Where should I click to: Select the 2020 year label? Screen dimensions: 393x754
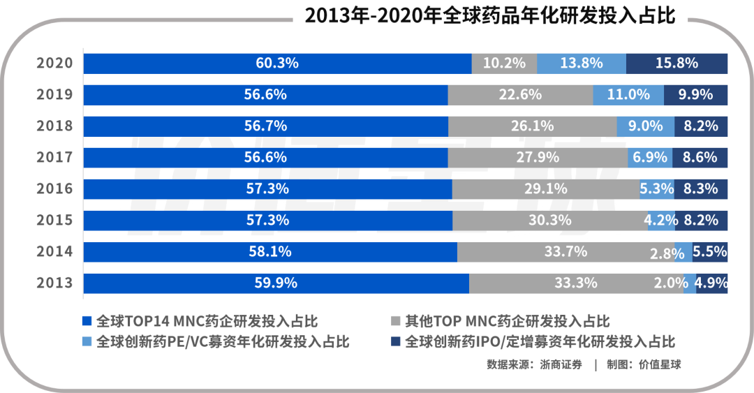(x=54, y=63)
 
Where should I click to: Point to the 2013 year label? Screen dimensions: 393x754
(x=54, y=283)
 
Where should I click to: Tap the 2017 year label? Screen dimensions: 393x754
(x=54, y=157)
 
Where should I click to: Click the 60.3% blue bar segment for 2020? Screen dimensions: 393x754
(x=277, y=63)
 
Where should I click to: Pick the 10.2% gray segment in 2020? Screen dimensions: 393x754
(x=504, y=63)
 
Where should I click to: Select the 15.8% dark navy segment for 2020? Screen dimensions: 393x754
(x=677, y=63)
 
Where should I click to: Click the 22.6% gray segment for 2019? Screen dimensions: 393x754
(x=520, y=94)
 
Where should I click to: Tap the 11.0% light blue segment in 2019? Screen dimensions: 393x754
(x=628, y=94)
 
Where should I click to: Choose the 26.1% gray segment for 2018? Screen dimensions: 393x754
(x=532, y=126)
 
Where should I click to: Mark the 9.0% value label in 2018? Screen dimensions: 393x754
(x=646, y=126)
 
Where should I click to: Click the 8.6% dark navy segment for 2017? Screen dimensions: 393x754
(x=700, y=157)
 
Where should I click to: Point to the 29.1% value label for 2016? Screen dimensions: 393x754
(x=545, y=188)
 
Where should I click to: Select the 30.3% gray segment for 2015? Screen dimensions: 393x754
(x=549, y=220)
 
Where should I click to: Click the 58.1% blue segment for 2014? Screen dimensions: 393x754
(x=270, y=251)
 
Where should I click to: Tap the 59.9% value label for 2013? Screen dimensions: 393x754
(x=276, y=283)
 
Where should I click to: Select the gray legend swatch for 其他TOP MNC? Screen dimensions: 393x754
(x=395, y=321)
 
